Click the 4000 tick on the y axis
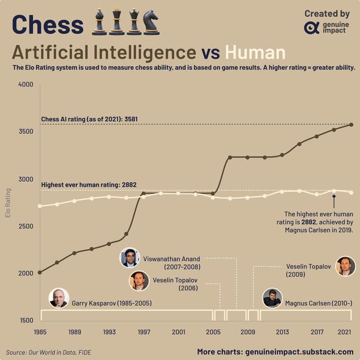[x=26, y=85]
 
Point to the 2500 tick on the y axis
[x=26, y=226]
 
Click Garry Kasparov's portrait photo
[x=58, y=298]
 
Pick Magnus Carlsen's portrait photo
[x=272, y=298]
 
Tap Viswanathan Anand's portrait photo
[x=130, y=258]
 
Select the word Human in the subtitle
[x=255, y=52]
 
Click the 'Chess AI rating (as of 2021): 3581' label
[x=89, y=119]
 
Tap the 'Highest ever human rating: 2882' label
[x=89, y=184]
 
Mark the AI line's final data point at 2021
[x=352, y=124]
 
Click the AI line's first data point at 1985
[x=39, y=272]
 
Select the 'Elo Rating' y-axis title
[x=8, y=203]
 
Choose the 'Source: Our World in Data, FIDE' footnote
[x=50, y=352]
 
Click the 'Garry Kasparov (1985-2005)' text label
[x=112, y=304]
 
